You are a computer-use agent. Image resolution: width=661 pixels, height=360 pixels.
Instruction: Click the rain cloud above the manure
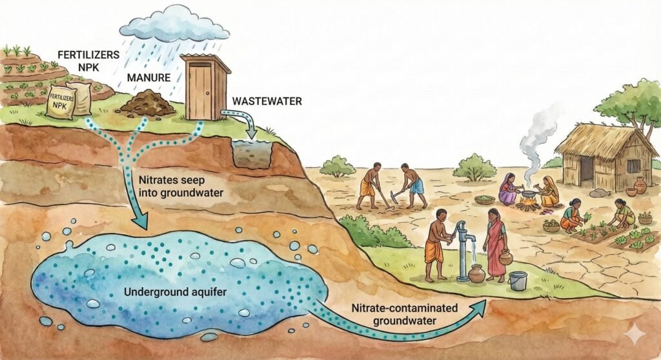(175, 25)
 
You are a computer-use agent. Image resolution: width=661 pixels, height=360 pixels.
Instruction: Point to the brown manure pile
(147, 103)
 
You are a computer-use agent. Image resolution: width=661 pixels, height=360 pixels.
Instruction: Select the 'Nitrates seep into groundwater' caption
(181, 184)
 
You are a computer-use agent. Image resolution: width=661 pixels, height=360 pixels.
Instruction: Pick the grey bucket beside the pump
(518, 281)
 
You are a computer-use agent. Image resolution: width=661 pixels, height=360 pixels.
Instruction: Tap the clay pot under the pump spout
(476, 274)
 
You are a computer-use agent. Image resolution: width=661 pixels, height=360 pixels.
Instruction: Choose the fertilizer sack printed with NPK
(62, 103)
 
